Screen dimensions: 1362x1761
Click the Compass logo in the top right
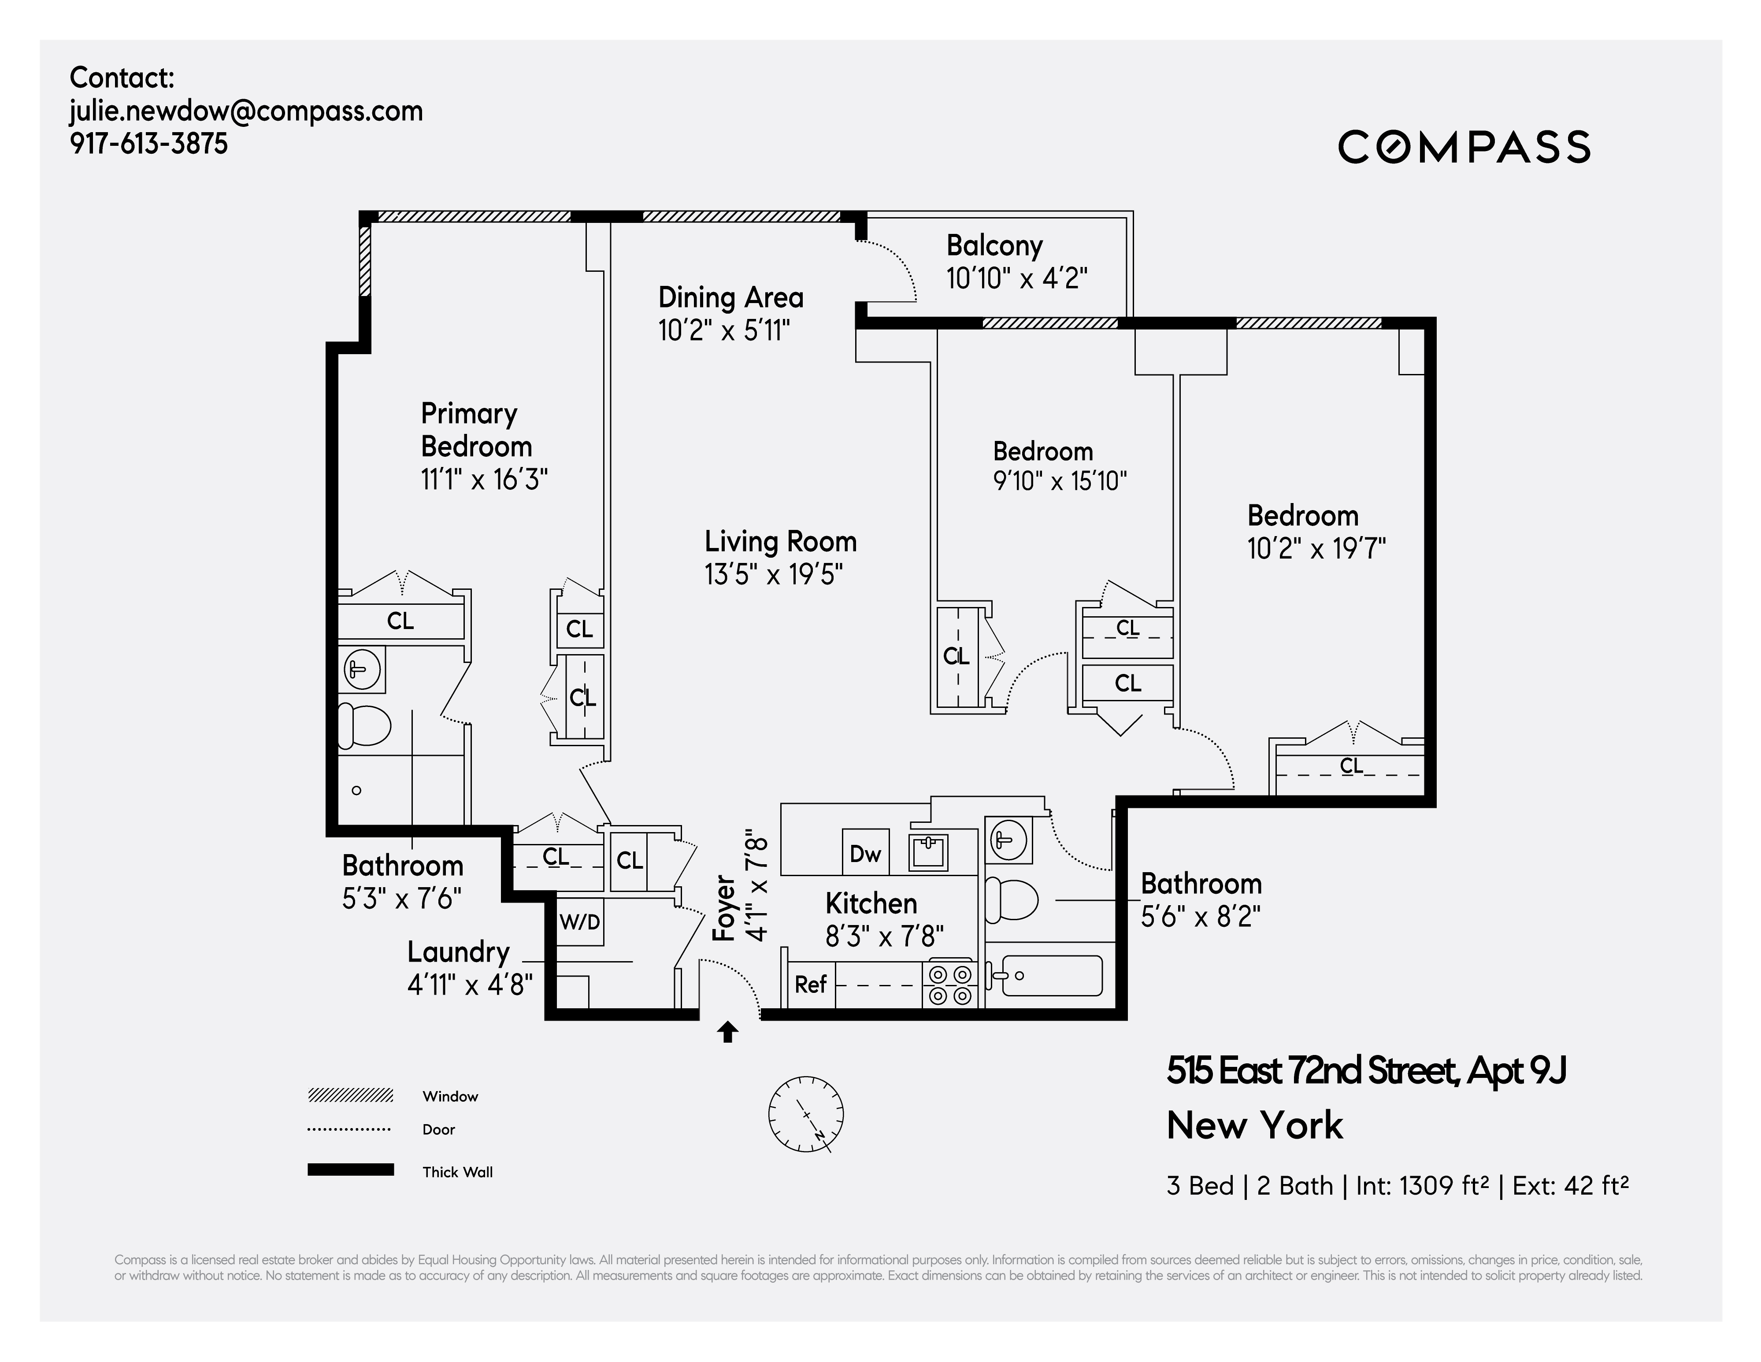point(1464,147)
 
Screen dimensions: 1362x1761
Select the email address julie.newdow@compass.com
point(246,111)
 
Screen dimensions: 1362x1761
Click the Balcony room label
point(994,245)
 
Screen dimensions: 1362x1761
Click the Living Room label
point(780,541)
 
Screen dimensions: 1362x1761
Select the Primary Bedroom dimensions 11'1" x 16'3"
point(484,480)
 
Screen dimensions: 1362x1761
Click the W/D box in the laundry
point(580,922)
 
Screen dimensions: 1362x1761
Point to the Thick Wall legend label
point(457,1172)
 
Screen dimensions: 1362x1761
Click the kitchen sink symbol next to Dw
point(928,852)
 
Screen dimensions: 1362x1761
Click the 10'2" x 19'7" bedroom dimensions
point(1316,549)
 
